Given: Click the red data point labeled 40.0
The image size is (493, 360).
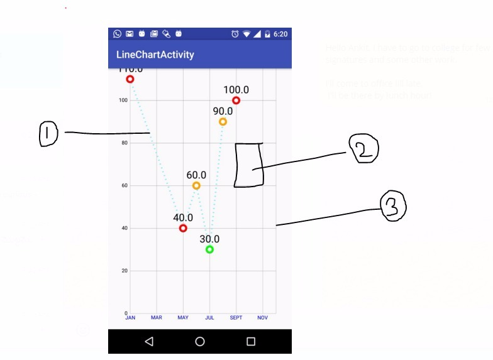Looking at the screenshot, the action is point(183,228).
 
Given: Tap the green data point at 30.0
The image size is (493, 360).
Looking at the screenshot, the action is point(209,249).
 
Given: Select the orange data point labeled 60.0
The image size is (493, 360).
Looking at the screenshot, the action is point(196,185).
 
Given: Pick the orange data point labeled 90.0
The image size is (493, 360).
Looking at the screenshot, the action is point(223,122).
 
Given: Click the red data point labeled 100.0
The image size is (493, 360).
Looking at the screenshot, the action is point(236,101).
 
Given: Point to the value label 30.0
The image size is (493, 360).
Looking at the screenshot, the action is point(209,239).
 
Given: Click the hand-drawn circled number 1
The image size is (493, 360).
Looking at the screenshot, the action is point(48,134).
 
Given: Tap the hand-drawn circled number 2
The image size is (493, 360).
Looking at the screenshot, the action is point(364,150).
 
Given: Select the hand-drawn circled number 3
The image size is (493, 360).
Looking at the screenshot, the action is point(393,206).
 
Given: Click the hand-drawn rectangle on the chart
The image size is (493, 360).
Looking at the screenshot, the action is point(249,165).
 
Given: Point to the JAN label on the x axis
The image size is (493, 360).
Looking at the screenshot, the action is point(130,318).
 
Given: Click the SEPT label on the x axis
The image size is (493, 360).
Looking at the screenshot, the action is point(236,318).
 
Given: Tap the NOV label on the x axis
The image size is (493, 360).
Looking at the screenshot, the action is point(262,318).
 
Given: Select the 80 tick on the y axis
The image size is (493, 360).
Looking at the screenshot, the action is point(125,143).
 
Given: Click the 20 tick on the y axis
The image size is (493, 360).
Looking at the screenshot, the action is point(125,271).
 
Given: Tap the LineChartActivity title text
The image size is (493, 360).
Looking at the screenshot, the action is point(155,55).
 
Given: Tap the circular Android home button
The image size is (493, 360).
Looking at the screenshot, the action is point(200,342).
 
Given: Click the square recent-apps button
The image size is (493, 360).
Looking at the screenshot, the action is point(251,342).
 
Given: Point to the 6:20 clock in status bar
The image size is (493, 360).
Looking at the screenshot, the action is point(280,34).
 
